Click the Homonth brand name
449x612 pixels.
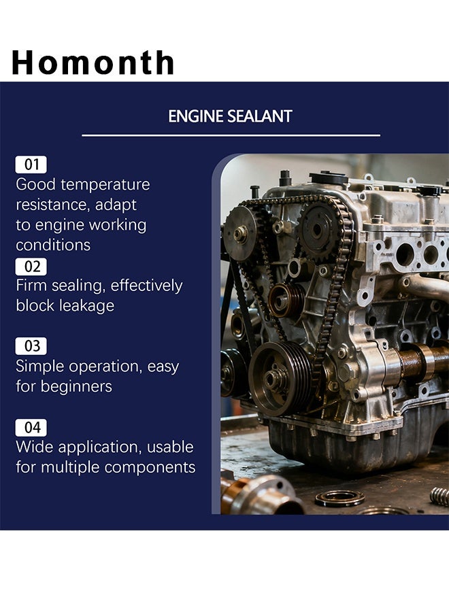(x=93, y=62)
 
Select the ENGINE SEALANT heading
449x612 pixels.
(x=230, y=116)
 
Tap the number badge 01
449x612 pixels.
(x=31, y=165)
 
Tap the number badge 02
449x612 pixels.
(x=31, y=267)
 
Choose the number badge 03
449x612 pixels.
(x=31, y=346)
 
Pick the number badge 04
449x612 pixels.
(x=31, y=428)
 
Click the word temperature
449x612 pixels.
(x=105, y=185)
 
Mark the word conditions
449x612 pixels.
(x=53, y=245)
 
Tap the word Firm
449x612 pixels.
(x=31, y=286)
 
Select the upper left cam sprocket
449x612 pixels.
(x=241, y=233)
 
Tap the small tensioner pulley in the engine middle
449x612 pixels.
(x=286, y=300)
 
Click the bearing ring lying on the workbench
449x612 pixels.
(x=339, y=498)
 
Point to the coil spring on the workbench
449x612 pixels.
(x=439, y=496)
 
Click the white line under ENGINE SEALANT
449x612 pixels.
(x=231, y=135)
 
